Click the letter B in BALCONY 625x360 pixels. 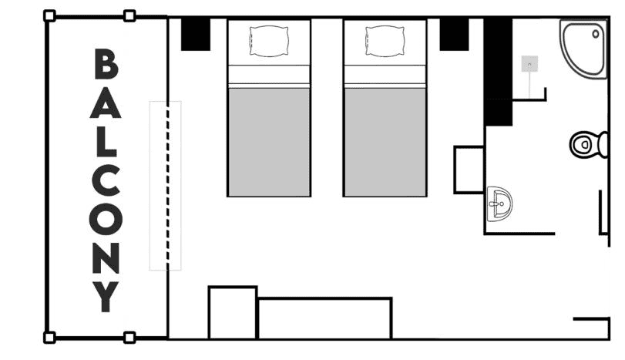(106, 65)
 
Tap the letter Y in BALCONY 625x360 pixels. (106, 296)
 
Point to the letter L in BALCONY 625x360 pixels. (106, 142)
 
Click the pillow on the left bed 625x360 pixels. (268, 40)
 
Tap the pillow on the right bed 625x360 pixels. (385, 40)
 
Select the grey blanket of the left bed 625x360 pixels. (268, 141)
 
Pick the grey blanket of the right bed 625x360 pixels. (385, 141)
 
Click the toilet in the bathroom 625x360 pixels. (588, 144)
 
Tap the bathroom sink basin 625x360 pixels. (500, 204)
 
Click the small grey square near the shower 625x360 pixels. (529, 64)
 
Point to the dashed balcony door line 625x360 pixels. (165, 185)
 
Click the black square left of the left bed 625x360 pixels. (196, 35)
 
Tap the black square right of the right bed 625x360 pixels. (454, 35)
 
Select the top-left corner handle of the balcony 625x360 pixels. (49, 15)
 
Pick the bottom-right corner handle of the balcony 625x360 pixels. (129, 337)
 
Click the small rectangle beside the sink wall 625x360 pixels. (469, 169)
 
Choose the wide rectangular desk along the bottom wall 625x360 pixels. (324, 318)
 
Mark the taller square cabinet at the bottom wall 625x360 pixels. (232, 312)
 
